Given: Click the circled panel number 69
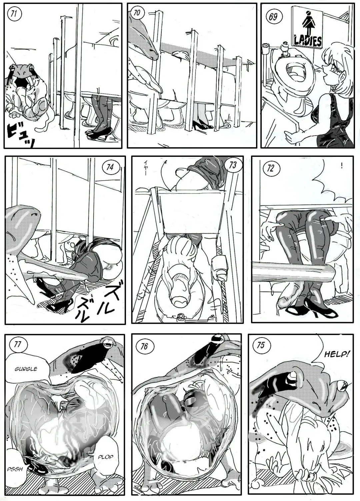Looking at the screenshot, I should click(x=273, y=17).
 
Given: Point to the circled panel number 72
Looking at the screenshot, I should click(x=270, y=168).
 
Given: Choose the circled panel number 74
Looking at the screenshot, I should click(x=110, y=167).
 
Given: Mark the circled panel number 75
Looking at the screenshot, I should click(x=261, y=345).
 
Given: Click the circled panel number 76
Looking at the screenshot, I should click(x=144, y=346).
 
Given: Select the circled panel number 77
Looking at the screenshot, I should click(x=17, y=344).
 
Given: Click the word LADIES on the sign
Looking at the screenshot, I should click(x=307, y=41).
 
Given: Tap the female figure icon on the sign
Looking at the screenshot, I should click(x=306, y=21).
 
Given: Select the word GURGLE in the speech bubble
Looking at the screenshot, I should click(x=26, y=369).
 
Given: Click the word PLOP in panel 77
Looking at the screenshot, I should click(x=105, y=457).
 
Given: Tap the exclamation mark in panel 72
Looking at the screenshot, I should click(x=342, y=166).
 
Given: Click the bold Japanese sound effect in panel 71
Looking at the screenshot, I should click(x=20, y=135).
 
